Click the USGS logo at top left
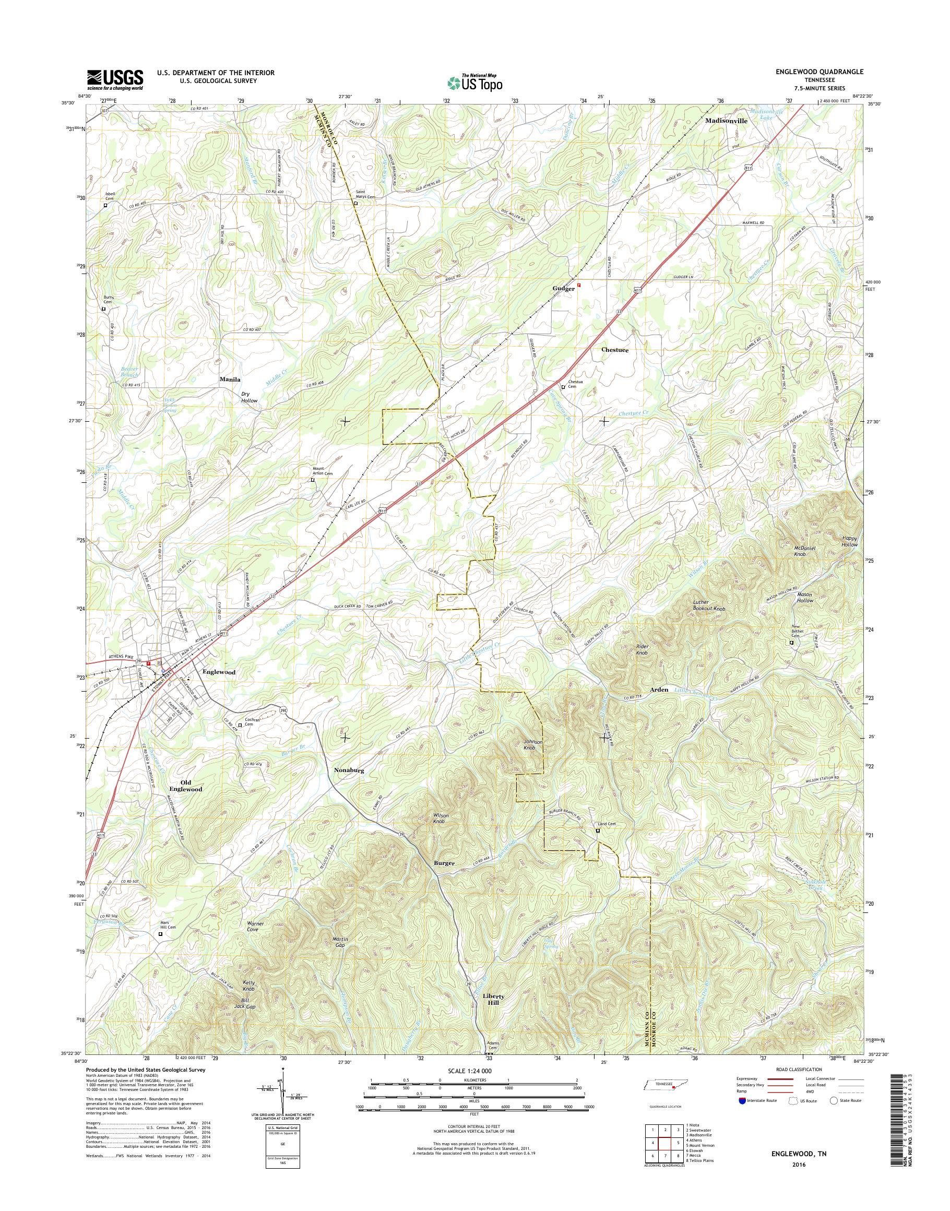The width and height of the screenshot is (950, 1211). point(115,79)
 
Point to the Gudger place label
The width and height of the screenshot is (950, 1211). point(563,289)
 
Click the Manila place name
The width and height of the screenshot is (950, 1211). point(230,379)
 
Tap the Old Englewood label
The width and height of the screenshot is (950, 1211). point(187,786)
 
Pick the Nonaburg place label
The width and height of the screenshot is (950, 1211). point(349,771)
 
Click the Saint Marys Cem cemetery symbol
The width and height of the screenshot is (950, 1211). point(356,204)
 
